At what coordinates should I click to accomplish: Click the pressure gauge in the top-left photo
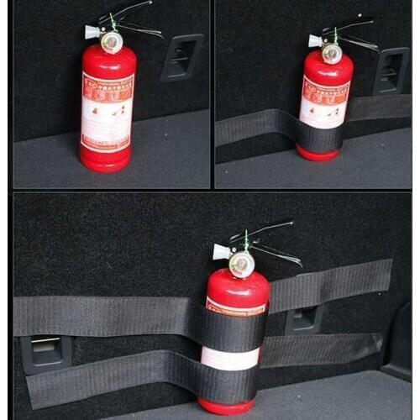[x=111, y=39]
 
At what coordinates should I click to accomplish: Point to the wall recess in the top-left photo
[x=181, y=57]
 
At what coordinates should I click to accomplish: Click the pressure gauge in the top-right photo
[x=332, y=53]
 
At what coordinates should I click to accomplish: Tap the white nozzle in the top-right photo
[x=315, y=40]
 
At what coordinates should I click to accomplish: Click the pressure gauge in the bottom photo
[x=241, y=263]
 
